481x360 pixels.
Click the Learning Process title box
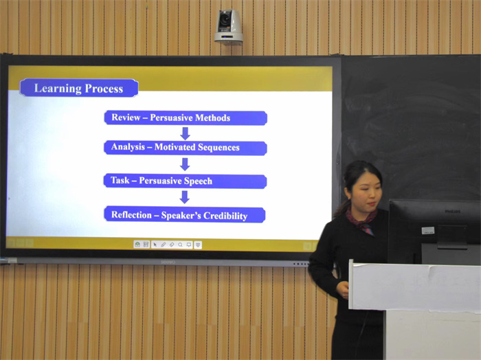point(79,88)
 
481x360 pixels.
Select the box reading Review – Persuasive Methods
point(186,117)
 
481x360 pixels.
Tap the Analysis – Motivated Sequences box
point(186,148)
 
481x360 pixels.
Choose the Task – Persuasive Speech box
point(185,181)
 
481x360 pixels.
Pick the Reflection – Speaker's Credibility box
point(185,214)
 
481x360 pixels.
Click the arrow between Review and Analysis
point(185,133)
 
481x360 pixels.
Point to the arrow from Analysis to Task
point(185,164)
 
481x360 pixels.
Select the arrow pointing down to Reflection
point(184,197)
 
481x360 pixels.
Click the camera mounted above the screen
point(228,27)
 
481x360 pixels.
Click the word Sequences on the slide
point(218,148)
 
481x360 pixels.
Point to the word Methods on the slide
point(212,117)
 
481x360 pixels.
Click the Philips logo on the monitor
point(452,212)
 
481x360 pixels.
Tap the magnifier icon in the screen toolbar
point(180,245)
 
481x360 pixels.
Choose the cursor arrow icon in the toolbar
point(155,245)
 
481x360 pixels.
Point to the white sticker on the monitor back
point(428,230)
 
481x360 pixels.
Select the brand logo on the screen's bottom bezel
point(168,262)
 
